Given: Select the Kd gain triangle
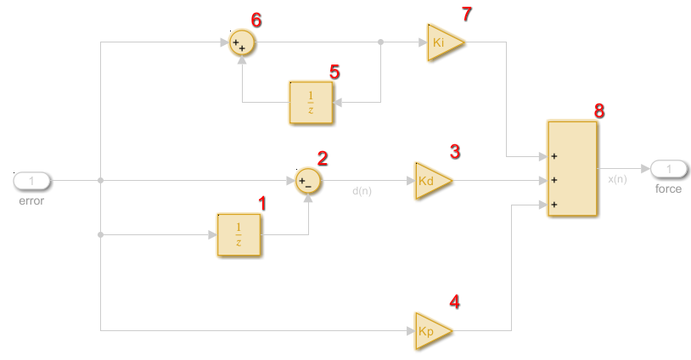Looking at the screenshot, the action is tap(434, 181).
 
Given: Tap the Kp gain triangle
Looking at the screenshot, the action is tap(434, 331).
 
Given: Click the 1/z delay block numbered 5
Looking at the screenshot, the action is tap(312, 102).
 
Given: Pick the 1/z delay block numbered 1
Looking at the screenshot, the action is tap(239, 234).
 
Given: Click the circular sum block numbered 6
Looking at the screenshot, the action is tap(242, 43).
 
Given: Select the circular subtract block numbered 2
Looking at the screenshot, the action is tap(308, 181).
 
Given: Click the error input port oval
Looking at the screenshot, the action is tap(32, 181).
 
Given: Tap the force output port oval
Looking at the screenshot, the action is tap(669, 169).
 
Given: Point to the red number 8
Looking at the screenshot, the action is tap(599, 110).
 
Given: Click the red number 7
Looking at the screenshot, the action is tap(467, 14).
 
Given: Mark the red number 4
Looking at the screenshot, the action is tap(454, 301).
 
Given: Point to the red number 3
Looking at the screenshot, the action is tap(455, 152).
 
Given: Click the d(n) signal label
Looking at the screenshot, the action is tap(362, 191).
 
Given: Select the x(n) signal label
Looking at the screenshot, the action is tap(617, 179).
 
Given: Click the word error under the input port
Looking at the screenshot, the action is tap(31, 201).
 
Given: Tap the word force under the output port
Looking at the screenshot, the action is tap(668, 188).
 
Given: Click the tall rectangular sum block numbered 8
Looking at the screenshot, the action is tap(572, 168).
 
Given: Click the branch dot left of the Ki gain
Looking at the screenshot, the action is tap(381, 42).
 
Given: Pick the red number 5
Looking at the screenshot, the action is tap(334, 72).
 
